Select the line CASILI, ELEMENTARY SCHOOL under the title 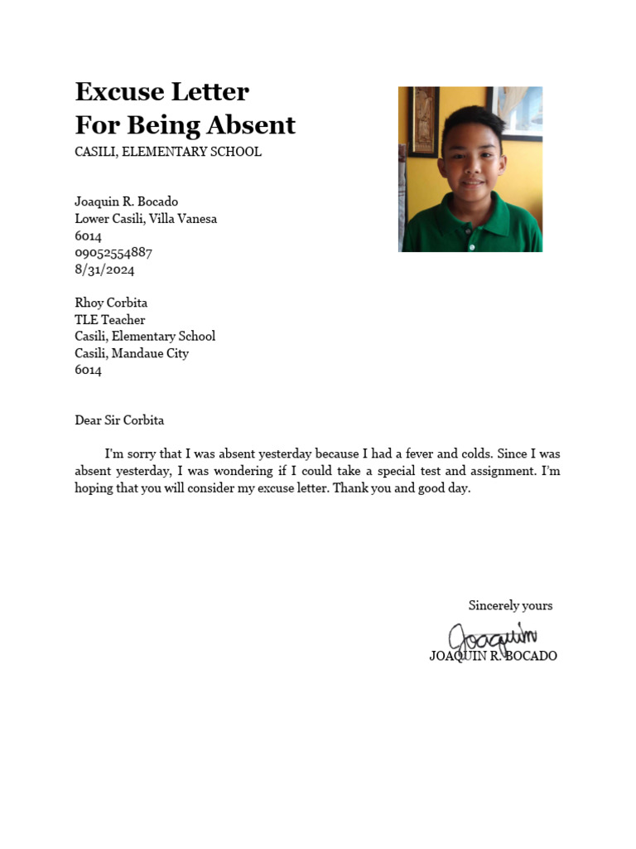pyautogui.click(x=168, y=152)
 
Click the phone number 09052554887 pyautogui.click(x=113, y=253)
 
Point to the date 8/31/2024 pyautogui.click(x=104, y=269)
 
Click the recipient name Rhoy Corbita pyautogui.click(x=111, y=303)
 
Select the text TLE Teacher pyautogui.click(x=110, y=320)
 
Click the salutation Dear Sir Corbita pyautogui.click(x=119, y=420)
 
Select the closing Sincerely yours pyautogui.click(x=510, y=605)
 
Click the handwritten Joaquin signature pyautogui.click(x=492, y=637)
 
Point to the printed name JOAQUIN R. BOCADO pyautogui.click(x=493, y=656)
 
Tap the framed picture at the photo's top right pyautogui.click(x=518, y=111)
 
